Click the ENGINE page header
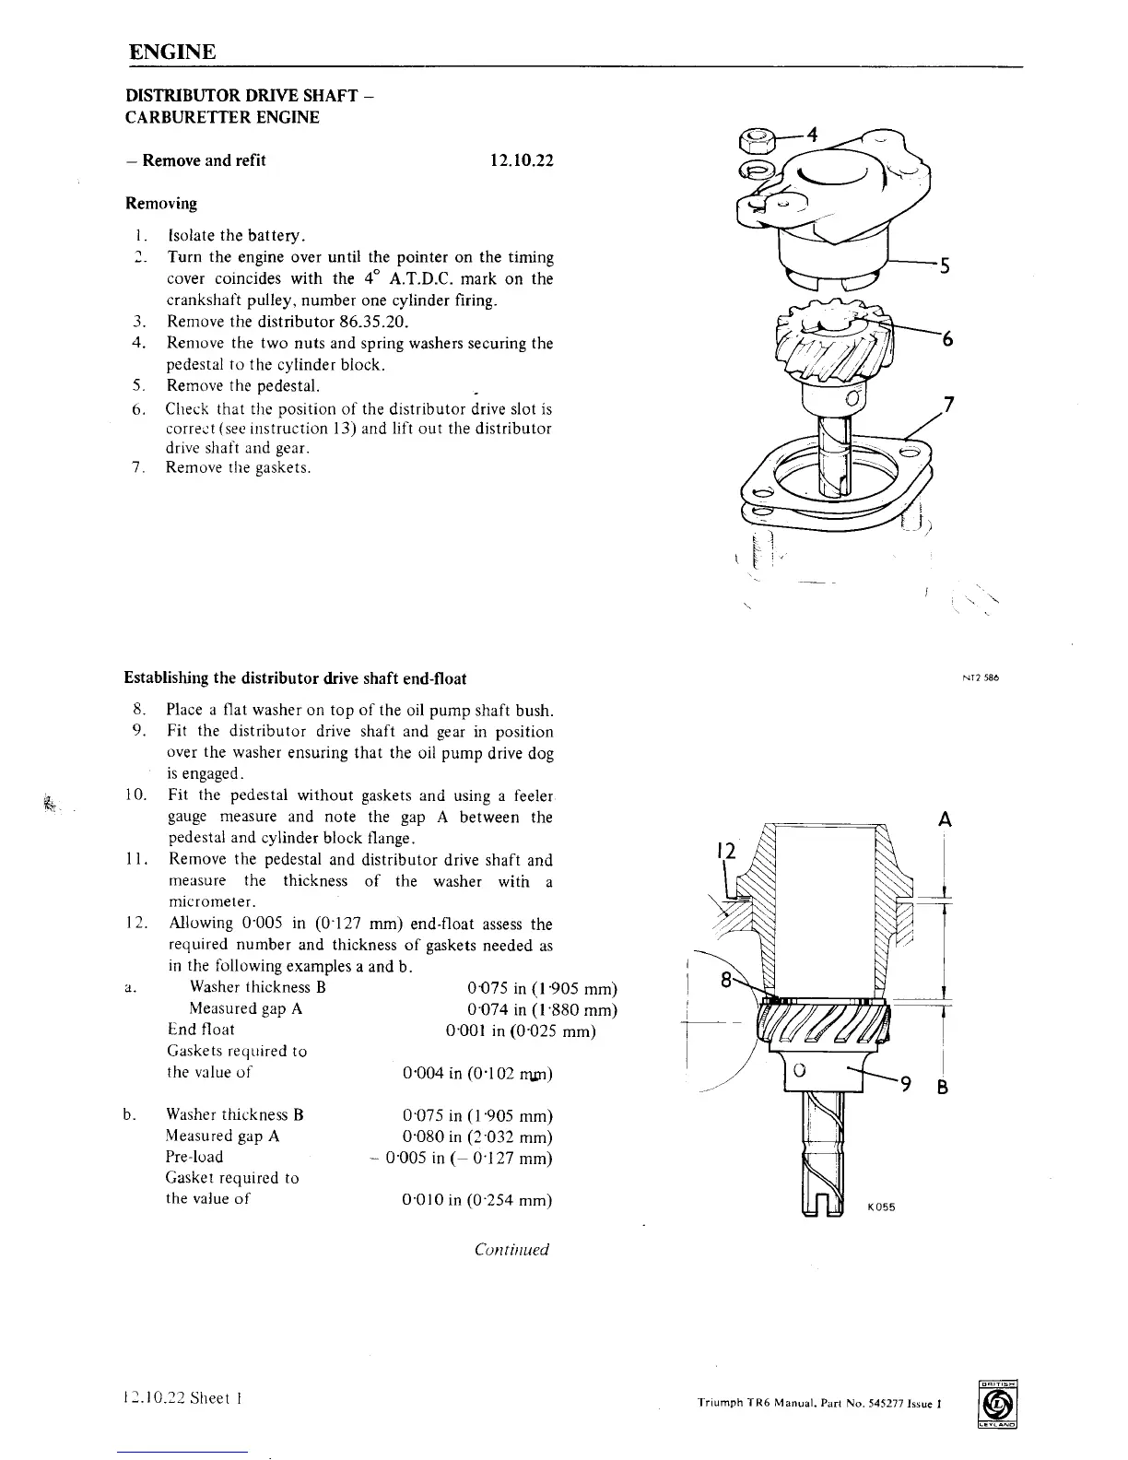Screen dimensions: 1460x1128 [x=172, y=51]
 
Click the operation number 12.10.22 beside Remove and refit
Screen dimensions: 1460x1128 [x=521, y=160]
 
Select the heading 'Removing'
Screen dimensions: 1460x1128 [x=161, y=203]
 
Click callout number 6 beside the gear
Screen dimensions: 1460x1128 [x=946, y=339]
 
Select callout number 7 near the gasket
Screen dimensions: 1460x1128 [x=950, y=404]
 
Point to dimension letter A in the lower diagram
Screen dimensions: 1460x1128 [x=944, y=819]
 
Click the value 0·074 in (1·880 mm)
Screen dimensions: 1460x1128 [x=542, y=1008]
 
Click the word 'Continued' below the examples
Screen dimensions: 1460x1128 [x=511, y=1250]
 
